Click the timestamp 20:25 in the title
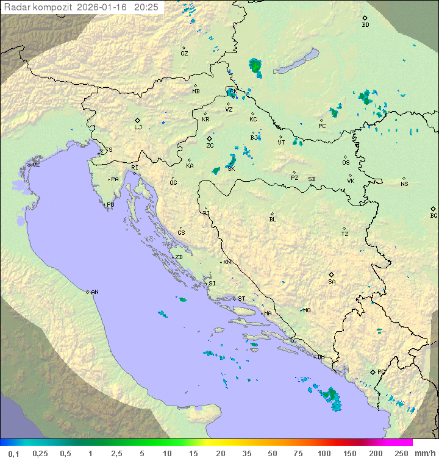click(x=146, y=7)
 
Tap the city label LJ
click(x=138, y=127)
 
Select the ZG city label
click(x=210, y=146)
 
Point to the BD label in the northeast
click(x=365, y=25)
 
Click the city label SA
click(x=332, y=282)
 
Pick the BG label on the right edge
click(x=434, y=215)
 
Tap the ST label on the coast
click(x=241, y=299)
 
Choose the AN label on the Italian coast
click(x=95, y=292)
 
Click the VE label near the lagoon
click(x=36, y=165)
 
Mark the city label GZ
click(x=184, y=54)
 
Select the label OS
click(x=346, y=163)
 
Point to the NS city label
click(x=404, y=184)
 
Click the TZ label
click(x=345, y=234)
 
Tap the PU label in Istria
click(x=110, y=205)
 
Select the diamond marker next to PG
click(x=373, y=371)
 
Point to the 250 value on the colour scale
click(x=401, y=453)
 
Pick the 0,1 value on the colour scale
click(x=13, y=453)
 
